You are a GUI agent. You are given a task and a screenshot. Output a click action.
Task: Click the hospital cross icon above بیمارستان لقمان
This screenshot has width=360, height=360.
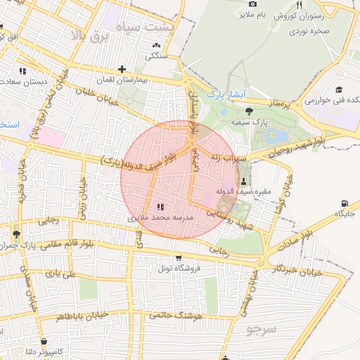point(123,69)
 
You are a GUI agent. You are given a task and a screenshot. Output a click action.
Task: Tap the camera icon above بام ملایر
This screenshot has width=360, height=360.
point(252,4)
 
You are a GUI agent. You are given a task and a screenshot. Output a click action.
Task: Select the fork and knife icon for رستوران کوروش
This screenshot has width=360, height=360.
point(299,5)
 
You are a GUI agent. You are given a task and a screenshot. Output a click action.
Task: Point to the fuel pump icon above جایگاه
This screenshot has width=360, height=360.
point(344,203)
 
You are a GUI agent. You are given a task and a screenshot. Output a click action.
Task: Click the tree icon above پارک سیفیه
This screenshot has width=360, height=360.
point(249,110)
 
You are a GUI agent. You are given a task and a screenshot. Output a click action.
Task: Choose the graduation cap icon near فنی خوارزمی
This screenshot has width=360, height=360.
point(338,90)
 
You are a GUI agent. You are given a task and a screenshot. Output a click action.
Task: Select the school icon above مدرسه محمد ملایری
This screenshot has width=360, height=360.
point(160,207)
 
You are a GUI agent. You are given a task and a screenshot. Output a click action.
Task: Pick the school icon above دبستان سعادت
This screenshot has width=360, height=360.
point(22,70)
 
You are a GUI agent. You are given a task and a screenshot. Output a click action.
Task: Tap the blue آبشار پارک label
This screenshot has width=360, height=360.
point(225,94)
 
